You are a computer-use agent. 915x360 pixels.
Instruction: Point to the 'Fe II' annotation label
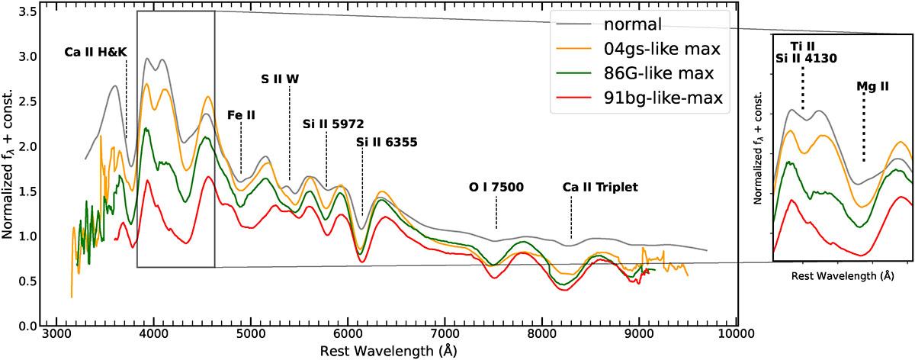point(241,114)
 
